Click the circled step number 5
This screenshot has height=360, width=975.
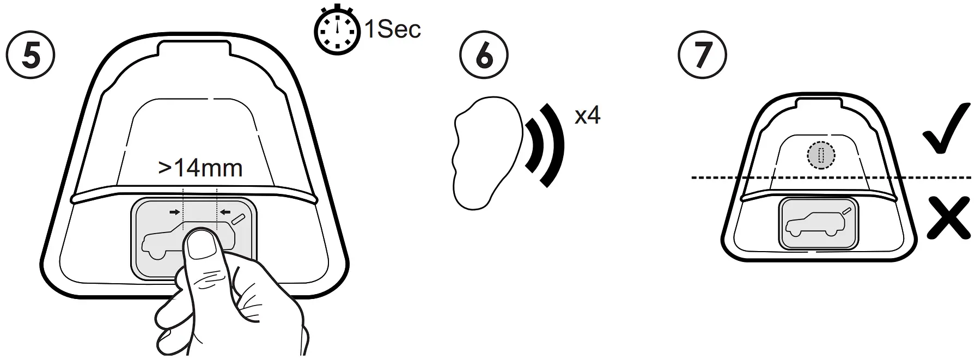30,56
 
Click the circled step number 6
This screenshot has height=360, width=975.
484,56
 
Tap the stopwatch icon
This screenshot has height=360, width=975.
337,32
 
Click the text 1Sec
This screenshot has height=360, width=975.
392,29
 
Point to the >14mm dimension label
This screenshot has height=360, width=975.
200,168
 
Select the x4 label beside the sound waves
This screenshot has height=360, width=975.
587,115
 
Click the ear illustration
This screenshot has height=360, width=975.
480,152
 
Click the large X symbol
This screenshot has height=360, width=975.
948,218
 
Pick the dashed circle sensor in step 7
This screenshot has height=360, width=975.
820,155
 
